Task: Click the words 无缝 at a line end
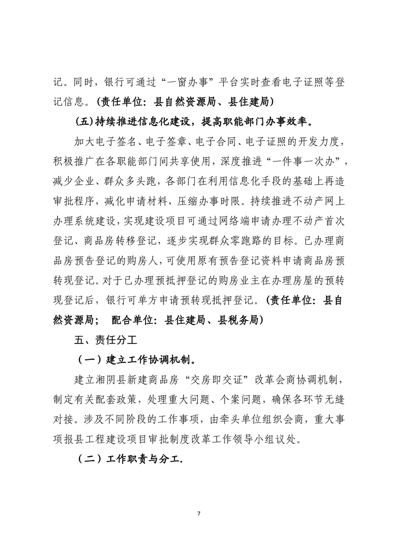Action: coord(330,400)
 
